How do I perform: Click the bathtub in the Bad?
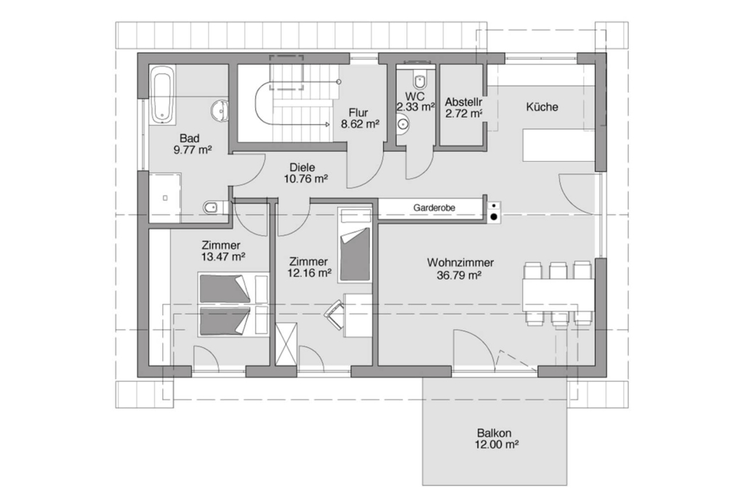161,95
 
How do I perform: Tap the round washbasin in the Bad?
220,110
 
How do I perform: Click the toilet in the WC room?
420,81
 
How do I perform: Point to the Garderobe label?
434,208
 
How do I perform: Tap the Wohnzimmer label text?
460,263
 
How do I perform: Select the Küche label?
542,107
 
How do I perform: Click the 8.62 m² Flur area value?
360,124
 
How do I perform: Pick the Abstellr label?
463,102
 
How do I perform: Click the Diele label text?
303,168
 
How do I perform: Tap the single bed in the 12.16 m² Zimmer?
354,245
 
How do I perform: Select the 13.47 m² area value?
223,257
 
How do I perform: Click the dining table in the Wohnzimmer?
558,295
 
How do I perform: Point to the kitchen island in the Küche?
558,145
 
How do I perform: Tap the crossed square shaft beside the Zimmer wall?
287,344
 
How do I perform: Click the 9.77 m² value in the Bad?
193,150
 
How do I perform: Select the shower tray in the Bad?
165,198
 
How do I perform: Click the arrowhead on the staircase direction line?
327,124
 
